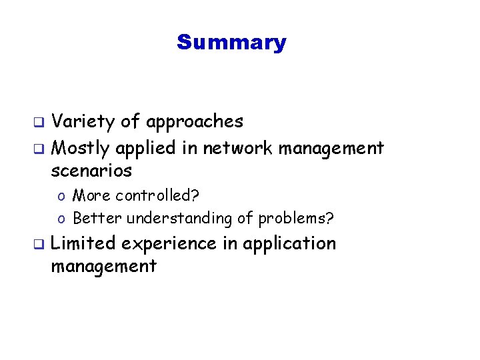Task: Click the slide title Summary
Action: coord(231,43)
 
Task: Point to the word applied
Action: coord(147,147)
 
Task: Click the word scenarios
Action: coord(91,171)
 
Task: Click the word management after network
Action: coord(331,148)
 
